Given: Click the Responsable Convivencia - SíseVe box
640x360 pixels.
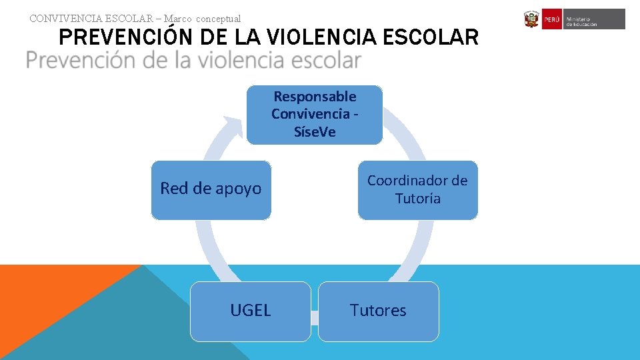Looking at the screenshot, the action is (x=315, y=115).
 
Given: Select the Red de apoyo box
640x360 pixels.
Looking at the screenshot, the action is (x=211, y=190).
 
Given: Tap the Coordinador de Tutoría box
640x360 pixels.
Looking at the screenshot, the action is (x=417, y=190).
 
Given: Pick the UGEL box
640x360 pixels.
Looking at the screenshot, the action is (x=250, y=311).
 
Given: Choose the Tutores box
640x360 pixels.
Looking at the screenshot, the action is (x=378, y=311).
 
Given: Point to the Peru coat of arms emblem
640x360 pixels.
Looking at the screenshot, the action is (x=531, y=19).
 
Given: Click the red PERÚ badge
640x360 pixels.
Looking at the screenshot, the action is (x=551, y=19).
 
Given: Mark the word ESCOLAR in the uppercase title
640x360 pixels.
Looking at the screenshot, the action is (x=433, y=37).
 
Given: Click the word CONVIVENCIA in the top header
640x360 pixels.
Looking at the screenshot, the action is (x=64, y=19).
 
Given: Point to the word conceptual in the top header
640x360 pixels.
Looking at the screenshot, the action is (x=218, y=19).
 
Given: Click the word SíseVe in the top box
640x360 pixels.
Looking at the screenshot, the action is (x=315, y=132).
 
